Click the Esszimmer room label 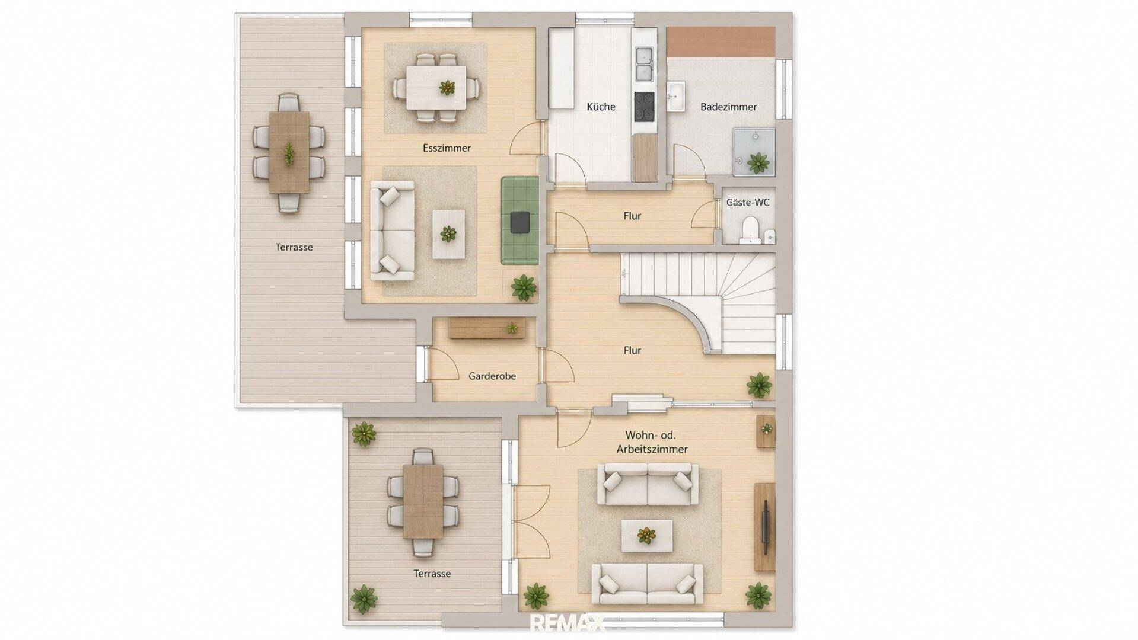447,148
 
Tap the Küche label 601,107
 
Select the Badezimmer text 728,107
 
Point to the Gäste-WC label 748,203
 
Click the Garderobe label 492,376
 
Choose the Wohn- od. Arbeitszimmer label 652,442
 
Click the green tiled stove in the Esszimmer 519,220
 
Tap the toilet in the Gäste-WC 751,230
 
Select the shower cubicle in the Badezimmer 754,152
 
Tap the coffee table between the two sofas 647,536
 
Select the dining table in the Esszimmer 436,87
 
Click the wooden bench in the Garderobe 487,328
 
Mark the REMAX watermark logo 568,623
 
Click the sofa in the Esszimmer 392,231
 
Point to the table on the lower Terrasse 423,501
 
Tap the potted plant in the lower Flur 759,385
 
